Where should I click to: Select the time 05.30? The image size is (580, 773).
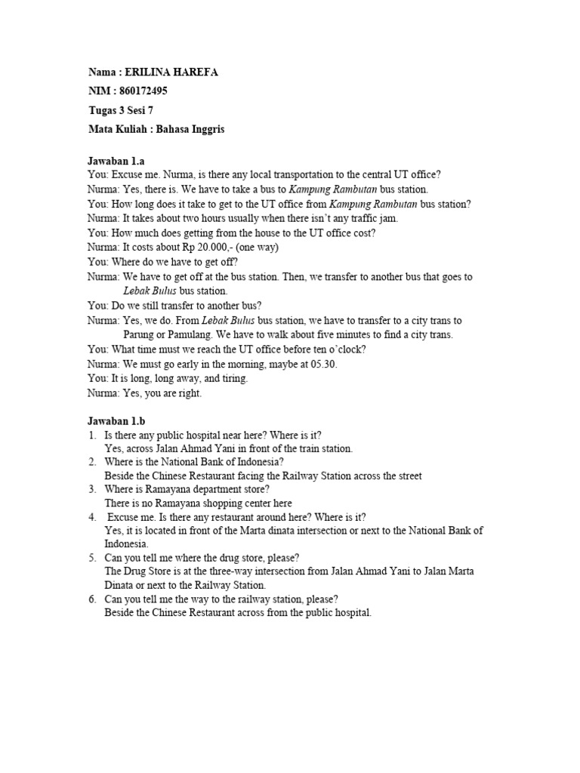pyautogui.click(x=324, y=364)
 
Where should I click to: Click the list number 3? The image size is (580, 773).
pyautogui.click(x=91, y=489)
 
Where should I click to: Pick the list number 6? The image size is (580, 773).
pyautogui.click(x=91, y=600)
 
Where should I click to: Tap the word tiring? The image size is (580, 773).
pyautogui.click(x=233, y=378)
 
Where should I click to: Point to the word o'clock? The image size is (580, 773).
pyautogui.click(x=345, y=350)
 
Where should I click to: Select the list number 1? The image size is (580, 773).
pyautogui.click(x=91, y=435)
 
